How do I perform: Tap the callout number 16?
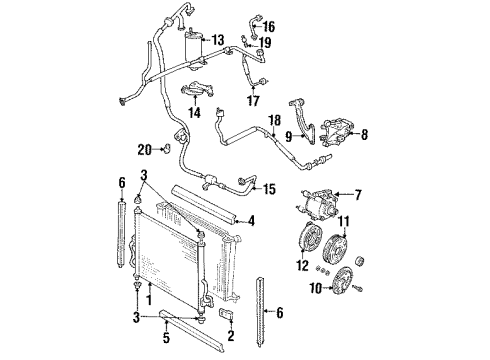(x=268, y=26)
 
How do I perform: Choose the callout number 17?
(x=253, y=100)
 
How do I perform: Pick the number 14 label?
(x=194, y=114)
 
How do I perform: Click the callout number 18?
(x=272, y=122)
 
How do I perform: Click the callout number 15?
(x=267, y=187)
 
